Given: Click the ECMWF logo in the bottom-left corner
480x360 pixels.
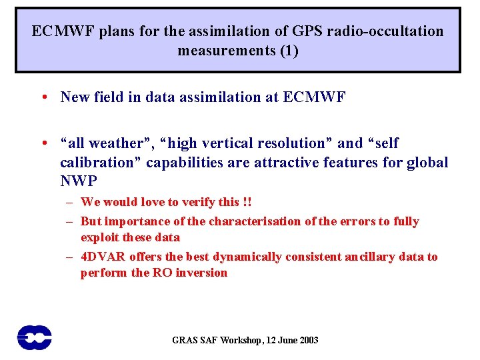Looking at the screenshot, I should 35,337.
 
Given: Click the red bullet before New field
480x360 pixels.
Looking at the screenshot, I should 43,97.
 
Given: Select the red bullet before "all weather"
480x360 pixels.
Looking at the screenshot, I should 43,143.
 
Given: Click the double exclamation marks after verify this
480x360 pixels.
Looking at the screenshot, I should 247,202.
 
